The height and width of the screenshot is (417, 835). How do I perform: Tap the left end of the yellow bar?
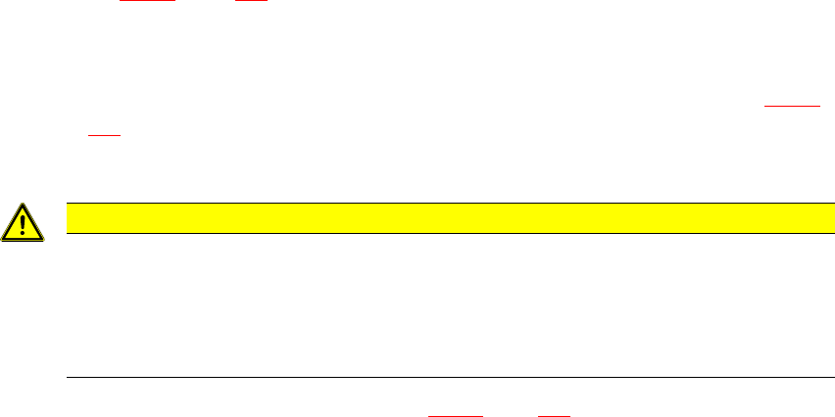point(68,217)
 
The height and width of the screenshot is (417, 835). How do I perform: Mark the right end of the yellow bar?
point(818,217)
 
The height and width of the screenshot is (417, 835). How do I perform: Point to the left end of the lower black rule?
point(67,377)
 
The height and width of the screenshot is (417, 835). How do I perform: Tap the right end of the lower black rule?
point(819,377)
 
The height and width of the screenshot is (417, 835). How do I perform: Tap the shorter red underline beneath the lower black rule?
point(554,415)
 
